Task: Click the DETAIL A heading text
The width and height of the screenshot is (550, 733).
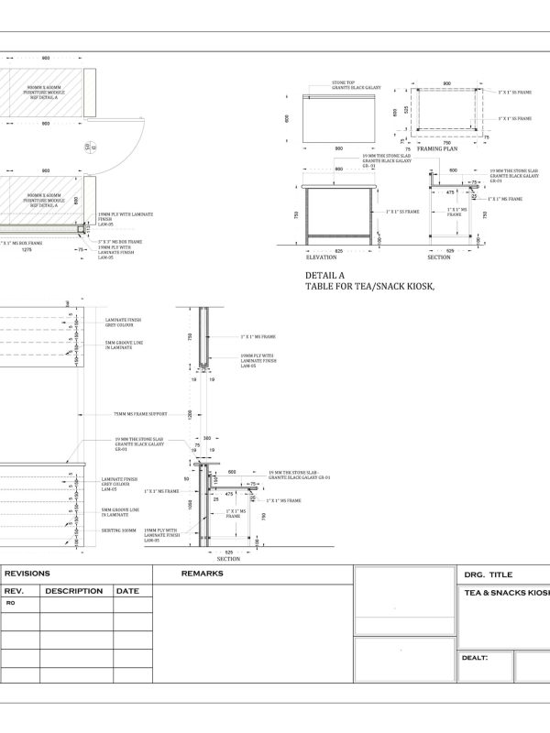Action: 325,274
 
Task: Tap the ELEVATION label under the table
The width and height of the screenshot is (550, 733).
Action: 321,257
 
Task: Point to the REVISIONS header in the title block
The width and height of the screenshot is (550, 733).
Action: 28,574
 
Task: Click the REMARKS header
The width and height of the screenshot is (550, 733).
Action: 203,574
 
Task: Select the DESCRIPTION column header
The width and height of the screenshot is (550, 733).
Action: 73,591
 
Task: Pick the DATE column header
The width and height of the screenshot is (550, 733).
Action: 127,591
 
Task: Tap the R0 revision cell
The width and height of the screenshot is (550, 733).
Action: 11,605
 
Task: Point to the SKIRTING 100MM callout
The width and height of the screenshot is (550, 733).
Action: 120,530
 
